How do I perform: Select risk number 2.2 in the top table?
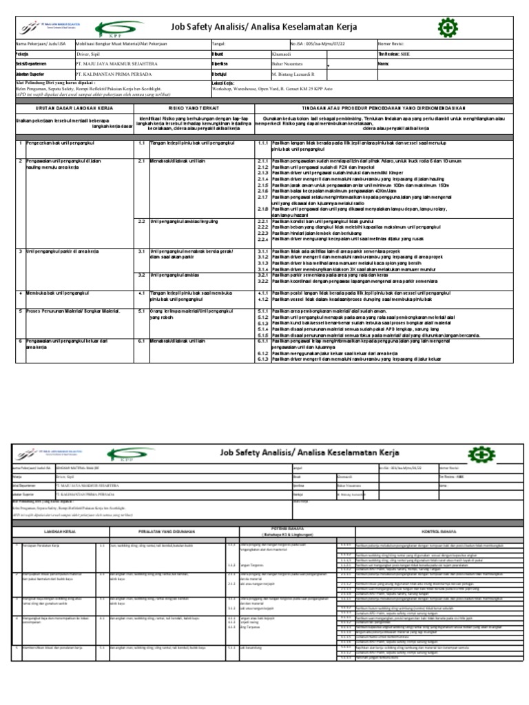pos(141,221)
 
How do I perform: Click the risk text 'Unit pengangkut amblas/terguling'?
pos(183,221)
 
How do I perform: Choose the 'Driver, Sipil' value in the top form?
pos(92,53)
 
